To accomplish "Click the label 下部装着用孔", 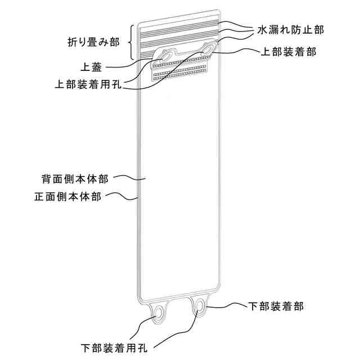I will pyautogui.click(x=114, y=347).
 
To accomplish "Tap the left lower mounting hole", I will pyautogui.click(x=160, y=313).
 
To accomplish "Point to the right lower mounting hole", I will pyautogui.click(x=200, y=307).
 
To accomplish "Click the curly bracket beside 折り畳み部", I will pyautogui.click(x=130, y=42).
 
